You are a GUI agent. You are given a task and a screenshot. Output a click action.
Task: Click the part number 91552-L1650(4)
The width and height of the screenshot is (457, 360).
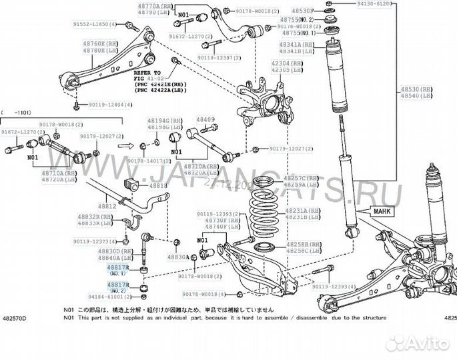(x=89, y=25)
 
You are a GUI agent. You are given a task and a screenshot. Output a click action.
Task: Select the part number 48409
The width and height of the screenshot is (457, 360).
(x=205, y=120)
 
